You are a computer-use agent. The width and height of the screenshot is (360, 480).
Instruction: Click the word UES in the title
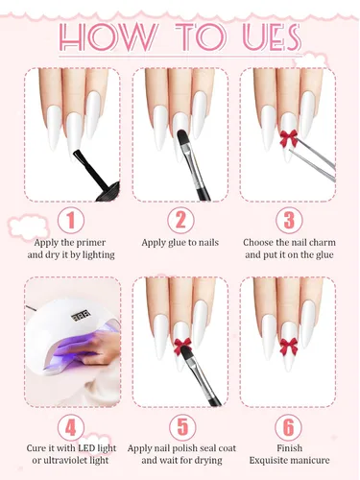click(272, 37)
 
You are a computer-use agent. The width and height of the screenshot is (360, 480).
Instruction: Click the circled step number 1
click(71, 220)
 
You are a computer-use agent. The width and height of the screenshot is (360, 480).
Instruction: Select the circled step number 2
click(180, 220)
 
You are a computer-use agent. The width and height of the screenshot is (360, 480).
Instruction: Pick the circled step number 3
click(289, 220)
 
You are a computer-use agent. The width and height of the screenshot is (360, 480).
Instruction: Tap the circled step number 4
click(71, 427)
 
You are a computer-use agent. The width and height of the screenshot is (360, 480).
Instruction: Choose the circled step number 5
click(182, 427)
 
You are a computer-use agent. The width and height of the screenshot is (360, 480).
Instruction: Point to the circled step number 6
click(288, 427)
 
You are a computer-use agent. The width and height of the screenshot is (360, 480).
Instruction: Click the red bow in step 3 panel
click(288, 138)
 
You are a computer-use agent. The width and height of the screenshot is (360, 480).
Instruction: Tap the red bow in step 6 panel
click(289, 347)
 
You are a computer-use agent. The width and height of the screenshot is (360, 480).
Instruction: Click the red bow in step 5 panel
click(182, 347)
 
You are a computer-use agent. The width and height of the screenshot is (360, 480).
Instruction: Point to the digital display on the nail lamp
click(81, 316)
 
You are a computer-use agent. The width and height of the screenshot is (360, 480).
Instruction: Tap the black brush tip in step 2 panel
click(182, 136)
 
